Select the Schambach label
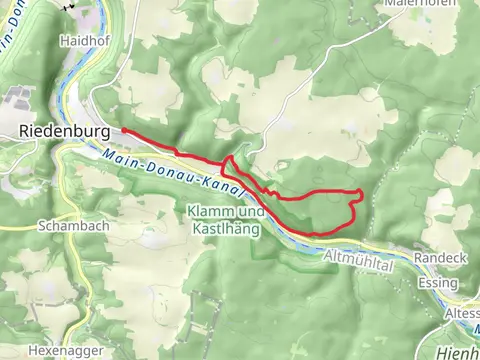click(x=67, y=226)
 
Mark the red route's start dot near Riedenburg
click(x=125, y=130)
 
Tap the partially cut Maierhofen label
click(x=419, y=4)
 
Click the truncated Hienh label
click(x=459, y=352)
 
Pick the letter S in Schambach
click(x=40, y=226)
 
